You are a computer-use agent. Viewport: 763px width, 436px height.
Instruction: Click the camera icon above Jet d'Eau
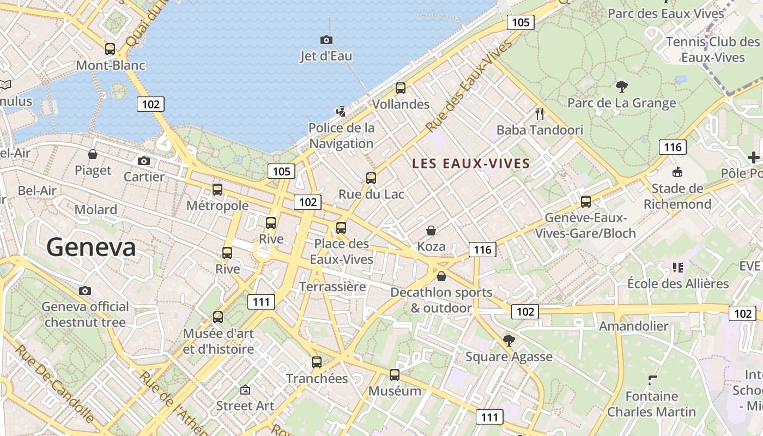[x=326, y=40]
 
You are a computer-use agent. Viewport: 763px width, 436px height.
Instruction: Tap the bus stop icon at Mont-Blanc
[x=110, y=49]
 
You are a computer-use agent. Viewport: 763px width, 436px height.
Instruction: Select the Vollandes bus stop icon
[x=401, y=88]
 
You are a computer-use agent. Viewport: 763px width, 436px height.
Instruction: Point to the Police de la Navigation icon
[x=341, y=112]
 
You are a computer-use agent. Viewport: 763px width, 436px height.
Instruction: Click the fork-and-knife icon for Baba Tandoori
[x=540, y=113]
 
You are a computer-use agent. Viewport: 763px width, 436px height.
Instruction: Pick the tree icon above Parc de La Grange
[x=621, y=86]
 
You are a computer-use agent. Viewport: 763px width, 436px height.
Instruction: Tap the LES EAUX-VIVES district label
[x=471, y=163]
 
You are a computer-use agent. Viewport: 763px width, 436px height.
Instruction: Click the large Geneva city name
[x=91, y=247]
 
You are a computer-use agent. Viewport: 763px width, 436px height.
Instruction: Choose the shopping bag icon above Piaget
[x=93, y=154]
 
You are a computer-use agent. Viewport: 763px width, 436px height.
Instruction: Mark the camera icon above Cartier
[x=144, y=161]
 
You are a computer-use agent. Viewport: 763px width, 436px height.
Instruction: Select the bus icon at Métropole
[x=217, y=190]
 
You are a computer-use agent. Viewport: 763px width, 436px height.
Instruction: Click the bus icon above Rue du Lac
[x=371, y=178]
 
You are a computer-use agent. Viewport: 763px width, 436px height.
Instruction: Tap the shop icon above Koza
[x=431, y=231]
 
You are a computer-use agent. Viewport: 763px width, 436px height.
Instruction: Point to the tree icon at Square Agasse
[x=509, y=341]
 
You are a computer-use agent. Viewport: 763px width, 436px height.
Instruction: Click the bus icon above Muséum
[x=394, y=375]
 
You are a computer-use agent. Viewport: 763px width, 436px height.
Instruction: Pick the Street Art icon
[x=245, y=390]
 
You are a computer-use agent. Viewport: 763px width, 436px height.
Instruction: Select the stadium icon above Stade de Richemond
[x=677, y=172]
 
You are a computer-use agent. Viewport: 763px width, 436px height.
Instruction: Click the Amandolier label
[x=633, y=326]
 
